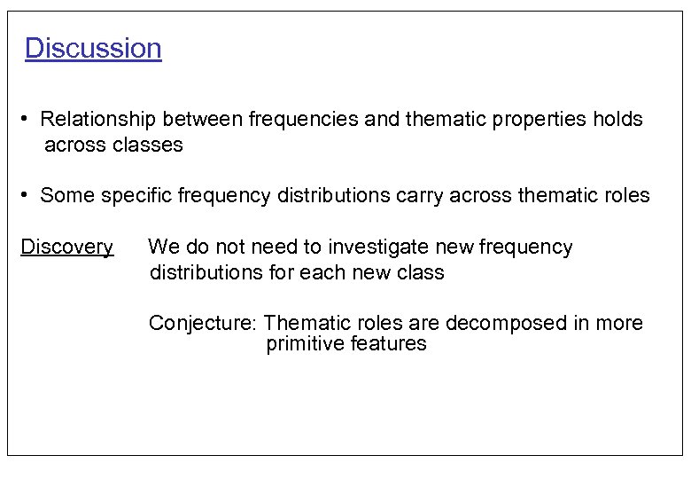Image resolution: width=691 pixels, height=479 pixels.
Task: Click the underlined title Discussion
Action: [93, 48]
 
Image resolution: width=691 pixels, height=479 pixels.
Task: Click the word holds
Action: [617, 119]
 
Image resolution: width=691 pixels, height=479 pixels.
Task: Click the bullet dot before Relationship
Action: [28, 119]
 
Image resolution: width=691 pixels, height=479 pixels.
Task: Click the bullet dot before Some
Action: [28, 195]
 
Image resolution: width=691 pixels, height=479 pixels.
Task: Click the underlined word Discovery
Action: [67, 247]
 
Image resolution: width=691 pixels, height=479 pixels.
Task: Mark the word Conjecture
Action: [203, 323]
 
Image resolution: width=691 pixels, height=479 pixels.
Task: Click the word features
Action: [389, 344]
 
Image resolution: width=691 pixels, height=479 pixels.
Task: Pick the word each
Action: [320, 272]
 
